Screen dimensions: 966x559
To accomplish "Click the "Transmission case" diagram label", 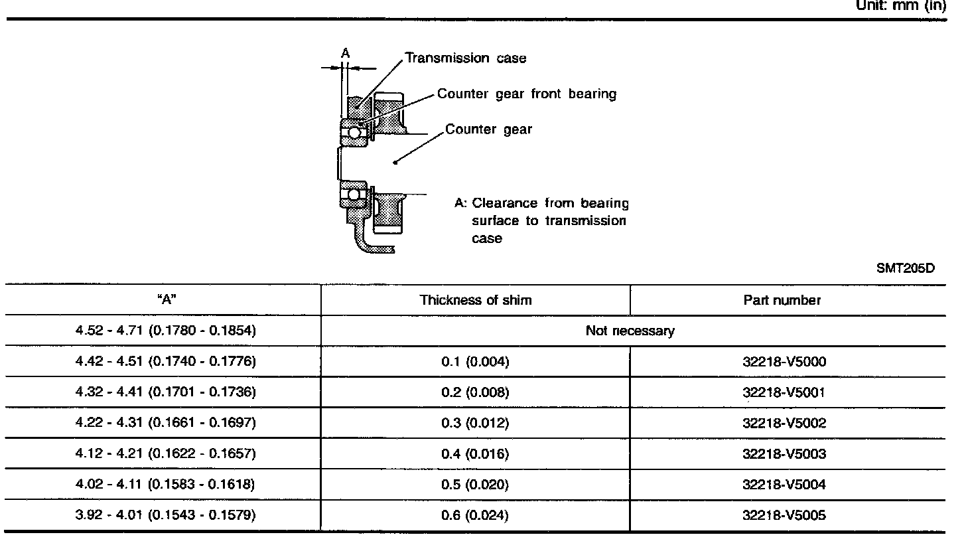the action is (466, 58).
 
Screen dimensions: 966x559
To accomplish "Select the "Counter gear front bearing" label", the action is (527, 94).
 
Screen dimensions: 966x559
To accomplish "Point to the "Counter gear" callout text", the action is (488, 129).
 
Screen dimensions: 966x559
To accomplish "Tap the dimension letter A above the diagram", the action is (346, 53).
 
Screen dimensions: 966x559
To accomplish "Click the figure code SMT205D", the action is (905, 268).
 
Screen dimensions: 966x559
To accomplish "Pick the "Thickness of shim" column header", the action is (476, 300).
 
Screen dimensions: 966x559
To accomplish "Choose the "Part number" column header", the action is (782, 300).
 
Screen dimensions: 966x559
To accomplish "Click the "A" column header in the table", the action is (167, 299).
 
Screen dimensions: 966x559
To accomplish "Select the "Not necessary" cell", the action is (630, 331).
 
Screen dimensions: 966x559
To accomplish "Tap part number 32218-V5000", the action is (784, 361).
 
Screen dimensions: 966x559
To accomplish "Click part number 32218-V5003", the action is (784, 453).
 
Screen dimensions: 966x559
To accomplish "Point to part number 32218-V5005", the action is (784, 515).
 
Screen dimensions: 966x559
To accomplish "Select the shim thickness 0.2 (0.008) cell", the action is (475, 392).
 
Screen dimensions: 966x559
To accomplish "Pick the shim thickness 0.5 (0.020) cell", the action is (475, 485).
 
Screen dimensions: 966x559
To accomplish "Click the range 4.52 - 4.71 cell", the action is (166, 330).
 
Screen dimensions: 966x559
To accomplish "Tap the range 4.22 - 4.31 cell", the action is (166, 422).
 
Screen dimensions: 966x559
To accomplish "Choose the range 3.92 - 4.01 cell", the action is (166, 515).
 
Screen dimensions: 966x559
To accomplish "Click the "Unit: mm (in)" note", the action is (901, 5).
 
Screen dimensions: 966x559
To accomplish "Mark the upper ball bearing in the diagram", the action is (354, 132).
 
